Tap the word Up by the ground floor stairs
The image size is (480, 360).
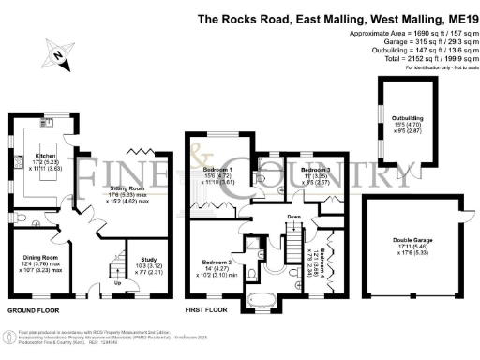[116, 282]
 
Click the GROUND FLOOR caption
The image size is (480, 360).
[36, 308]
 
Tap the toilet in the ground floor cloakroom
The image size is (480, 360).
[22, 217]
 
